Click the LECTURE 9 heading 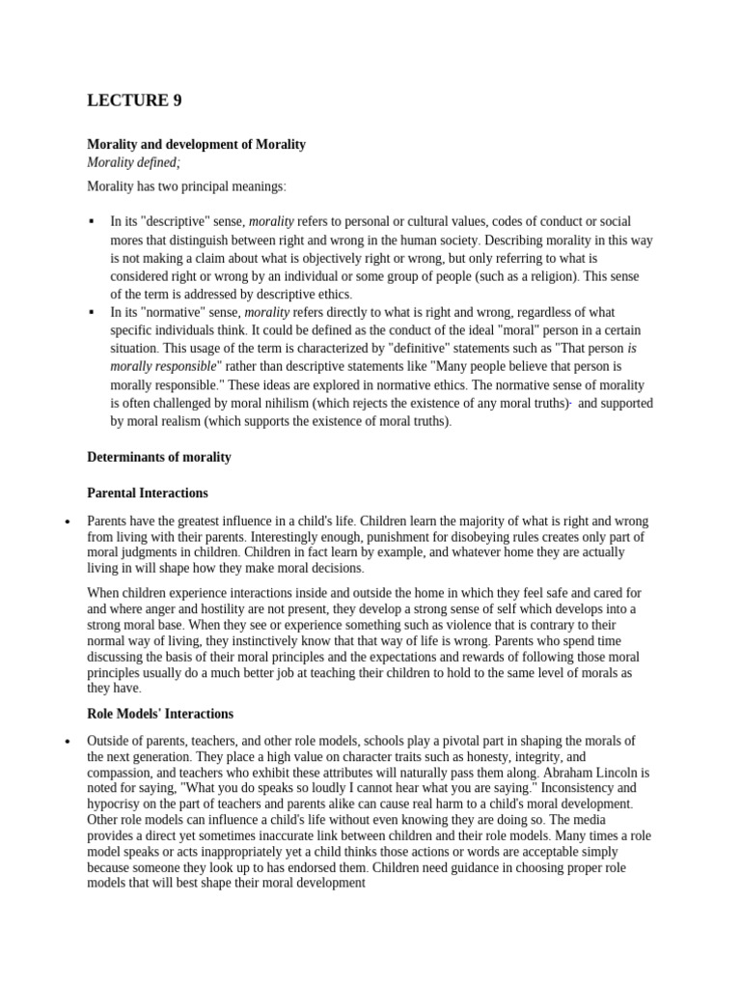tap(134, 100)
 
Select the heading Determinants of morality tap(159, 457)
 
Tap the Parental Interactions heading tap(148, 493)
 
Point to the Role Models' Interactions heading tap(160, 714)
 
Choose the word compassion tap(123, 773)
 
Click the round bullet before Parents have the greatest tap(68, 522)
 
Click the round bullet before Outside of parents tap(68, 741)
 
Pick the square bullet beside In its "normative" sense tap(92, 312)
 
